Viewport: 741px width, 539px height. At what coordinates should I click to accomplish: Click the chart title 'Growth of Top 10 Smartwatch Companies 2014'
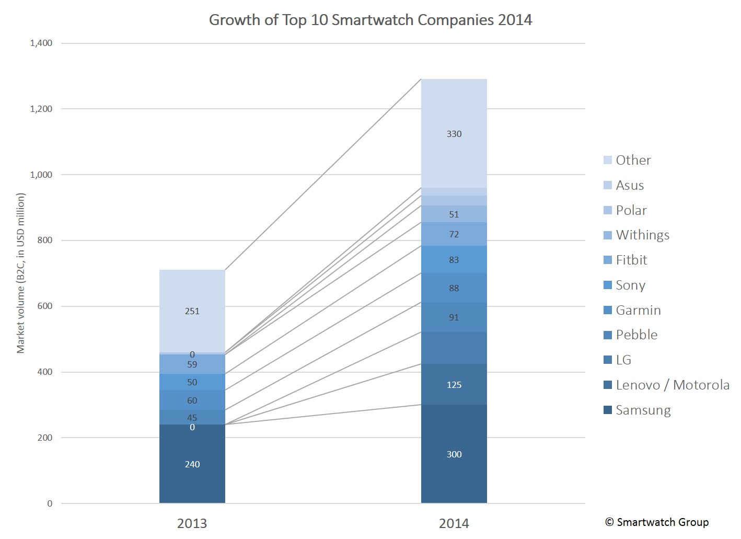pos(370,20)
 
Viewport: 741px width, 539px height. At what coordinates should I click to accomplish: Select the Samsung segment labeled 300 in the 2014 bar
pos(454,454)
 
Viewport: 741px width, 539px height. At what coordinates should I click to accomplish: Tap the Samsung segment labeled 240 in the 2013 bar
pos(192,464)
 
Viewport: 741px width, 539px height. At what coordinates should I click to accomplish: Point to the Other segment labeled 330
pos(454,134)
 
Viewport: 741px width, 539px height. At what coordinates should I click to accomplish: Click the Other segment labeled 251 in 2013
pos(192,311)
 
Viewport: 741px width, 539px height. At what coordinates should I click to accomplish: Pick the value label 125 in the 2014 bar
pos(454,385)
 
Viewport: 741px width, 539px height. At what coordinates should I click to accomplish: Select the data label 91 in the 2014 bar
pos(454,317)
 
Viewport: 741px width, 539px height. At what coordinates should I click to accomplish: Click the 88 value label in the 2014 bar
pos(454,288)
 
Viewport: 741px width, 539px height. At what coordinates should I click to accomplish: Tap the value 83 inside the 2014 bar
pos(454,260)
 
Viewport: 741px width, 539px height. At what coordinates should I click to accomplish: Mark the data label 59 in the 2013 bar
pos(192,364)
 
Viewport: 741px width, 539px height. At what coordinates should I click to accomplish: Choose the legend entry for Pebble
pos(636,335)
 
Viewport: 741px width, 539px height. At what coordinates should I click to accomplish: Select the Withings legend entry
pos(642,235)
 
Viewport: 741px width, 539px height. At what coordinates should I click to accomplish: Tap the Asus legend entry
pos(629,185)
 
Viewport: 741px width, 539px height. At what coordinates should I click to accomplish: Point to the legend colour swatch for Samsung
pos(608,410)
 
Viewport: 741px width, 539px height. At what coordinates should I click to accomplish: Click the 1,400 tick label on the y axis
pos(41,43)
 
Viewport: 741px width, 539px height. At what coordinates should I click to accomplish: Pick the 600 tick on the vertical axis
pos(45,306)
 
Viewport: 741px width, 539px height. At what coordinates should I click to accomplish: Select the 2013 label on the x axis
pos(192,523)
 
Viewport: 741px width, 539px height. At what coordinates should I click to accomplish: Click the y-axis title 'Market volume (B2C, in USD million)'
pos(21,273)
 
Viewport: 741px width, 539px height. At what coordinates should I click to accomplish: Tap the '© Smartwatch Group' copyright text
pos(657,522)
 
